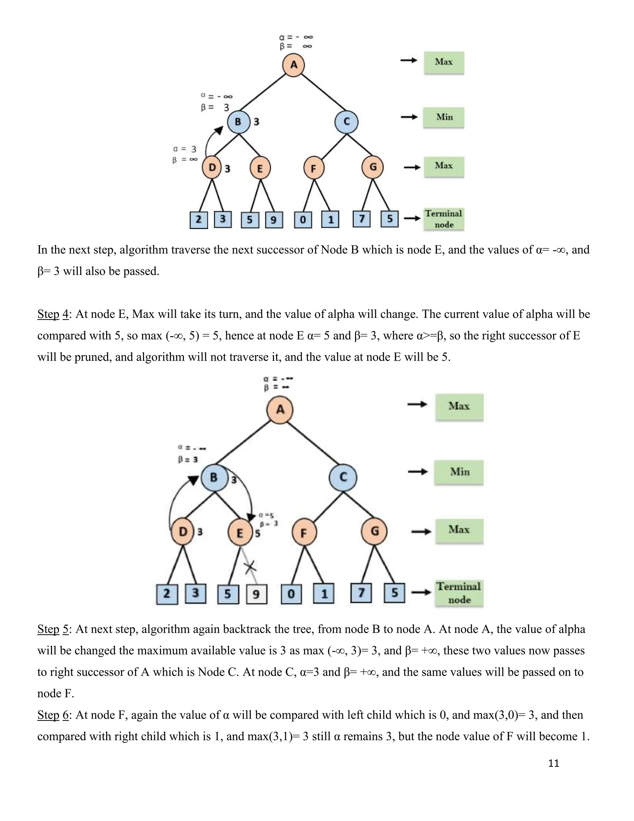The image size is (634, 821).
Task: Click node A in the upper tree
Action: pos(293,65)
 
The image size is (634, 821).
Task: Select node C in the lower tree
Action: pos(343,477)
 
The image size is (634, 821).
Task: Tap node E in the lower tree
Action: pos(240,532)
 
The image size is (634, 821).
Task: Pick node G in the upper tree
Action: pos(373,167)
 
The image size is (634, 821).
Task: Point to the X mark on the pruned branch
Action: pos(250,567)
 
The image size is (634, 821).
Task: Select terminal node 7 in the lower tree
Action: pos(361,593)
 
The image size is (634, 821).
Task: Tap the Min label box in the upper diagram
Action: pos(444,117)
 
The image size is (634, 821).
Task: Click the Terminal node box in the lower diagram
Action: pos(458,593)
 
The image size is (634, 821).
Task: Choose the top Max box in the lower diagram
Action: pos(459,406)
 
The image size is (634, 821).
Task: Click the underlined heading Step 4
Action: pos(53,314)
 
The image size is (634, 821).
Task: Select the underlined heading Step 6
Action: pos(53,715)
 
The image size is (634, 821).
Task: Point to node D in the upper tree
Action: pos(213,168)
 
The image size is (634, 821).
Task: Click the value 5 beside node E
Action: pos(258,534)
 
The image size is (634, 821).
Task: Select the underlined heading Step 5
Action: pos(53,629)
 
